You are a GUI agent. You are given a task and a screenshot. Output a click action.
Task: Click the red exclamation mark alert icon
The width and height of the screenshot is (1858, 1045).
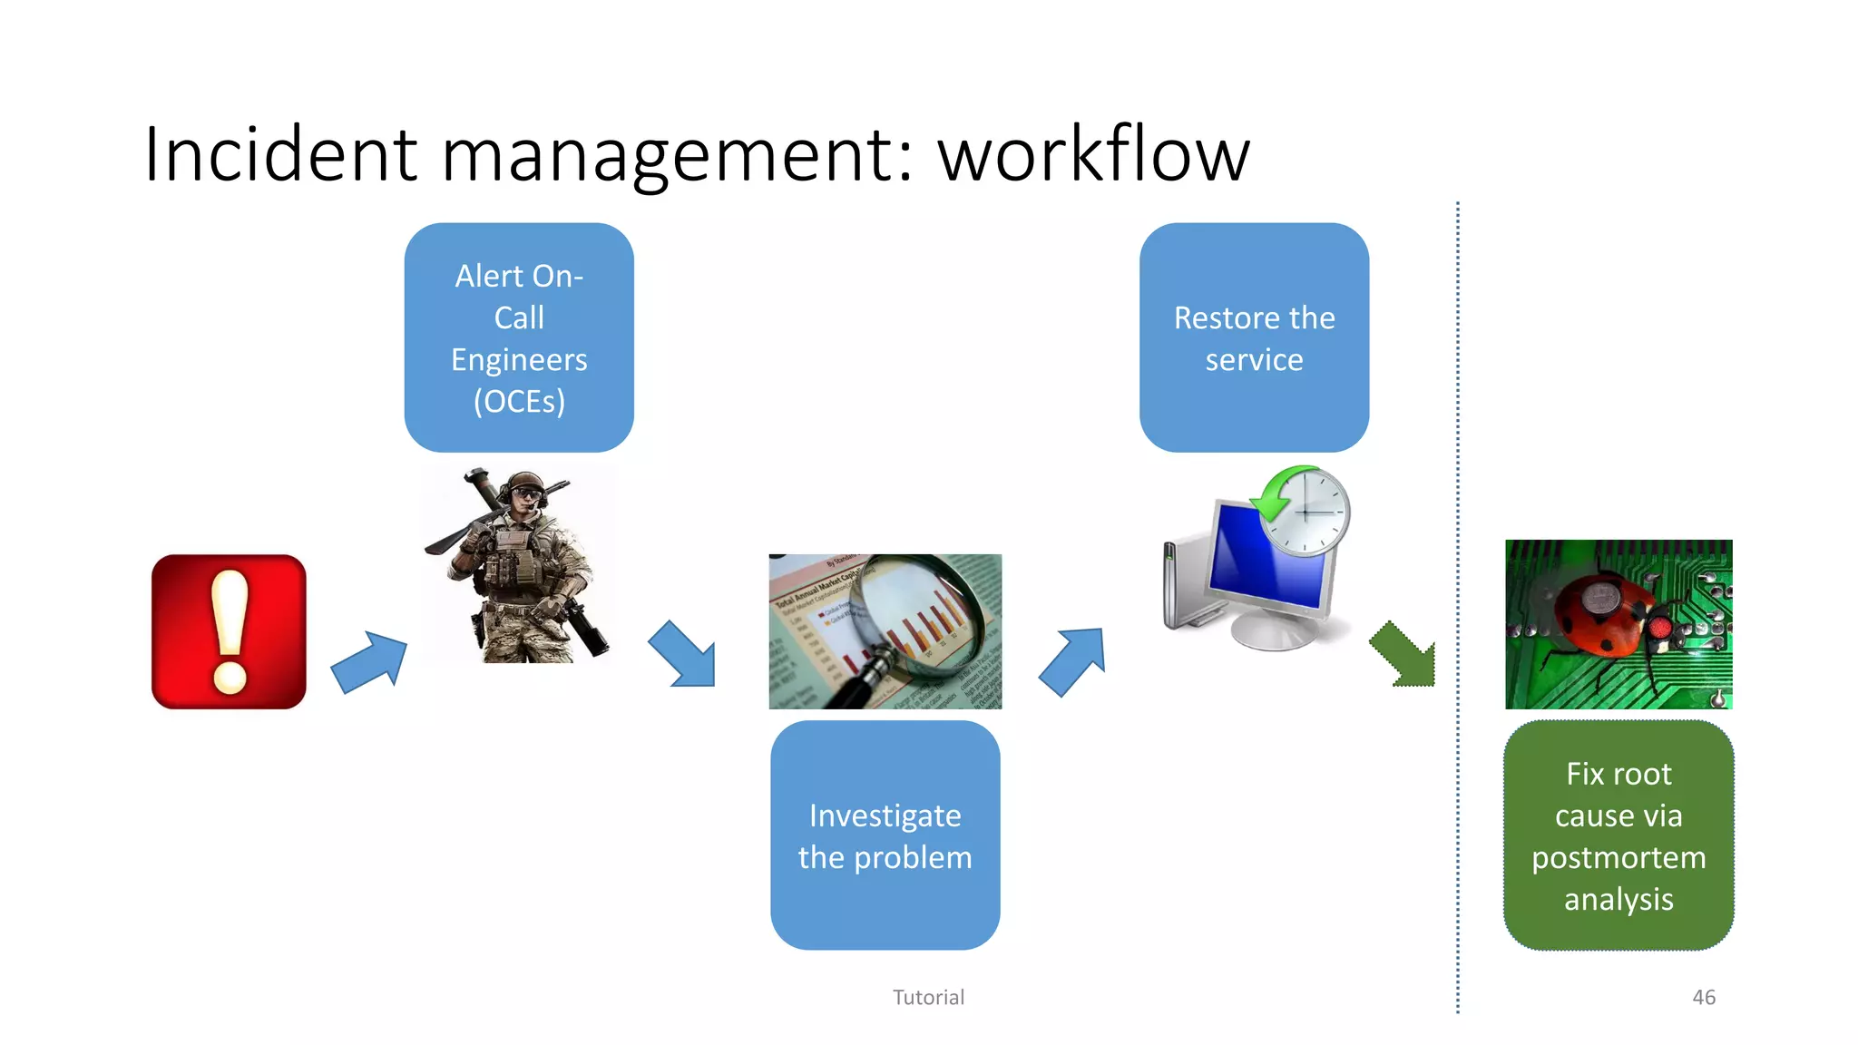pos(229,631)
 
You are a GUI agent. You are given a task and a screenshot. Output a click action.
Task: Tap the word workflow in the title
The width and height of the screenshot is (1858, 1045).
pos(1093,154)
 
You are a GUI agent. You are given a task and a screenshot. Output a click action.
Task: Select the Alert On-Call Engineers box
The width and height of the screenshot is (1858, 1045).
pos(519,337)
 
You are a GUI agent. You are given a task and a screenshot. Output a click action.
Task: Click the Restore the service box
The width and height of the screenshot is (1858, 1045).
pos(1254,337)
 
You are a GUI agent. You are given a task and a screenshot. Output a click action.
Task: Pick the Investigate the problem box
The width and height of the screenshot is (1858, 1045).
pos(885,835)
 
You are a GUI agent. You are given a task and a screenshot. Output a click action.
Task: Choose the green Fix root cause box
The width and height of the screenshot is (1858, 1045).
pos(1618,835)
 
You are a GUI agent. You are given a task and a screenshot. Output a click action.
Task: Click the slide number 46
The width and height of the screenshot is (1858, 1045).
pos(1703,997)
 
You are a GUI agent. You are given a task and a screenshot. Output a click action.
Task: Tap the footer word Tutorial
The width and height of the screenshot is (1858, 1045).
pos(928,997)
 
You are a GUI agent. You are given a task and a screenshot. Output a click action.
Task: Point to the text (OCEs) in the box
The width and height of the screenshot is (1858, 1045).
pos(519,401)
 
